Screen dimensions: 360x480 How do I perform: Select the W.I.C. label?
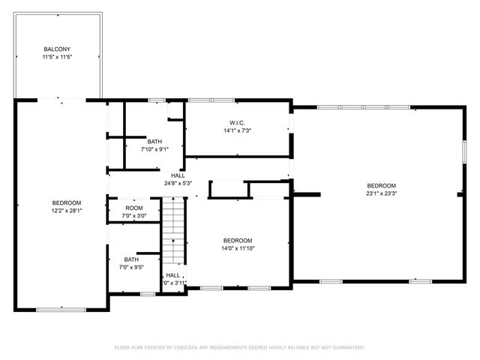[237, 123]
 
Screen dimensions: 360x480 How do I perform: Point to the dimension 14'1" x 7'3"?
[237, 130]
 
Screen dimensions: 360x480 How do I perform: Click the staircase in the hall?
[173, 229]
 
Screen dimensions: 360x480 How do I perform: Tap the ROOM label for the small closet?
[134, 208]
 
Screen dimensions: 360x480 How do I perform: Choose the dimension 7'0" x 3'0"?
[134, 215]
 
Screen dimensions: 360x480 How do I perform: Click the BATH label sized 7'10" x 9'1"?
[154, 141]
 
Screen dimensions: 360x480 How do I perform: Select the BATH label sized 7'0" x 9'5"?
[131, 259]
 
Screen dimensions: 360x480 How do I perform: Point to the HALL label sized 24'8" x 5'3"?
[178, 175]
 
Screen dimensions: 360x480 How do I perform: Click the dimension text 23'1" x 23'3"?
[381, 193]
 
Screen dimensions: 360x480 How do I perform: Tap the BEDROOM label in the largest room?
[381, 185]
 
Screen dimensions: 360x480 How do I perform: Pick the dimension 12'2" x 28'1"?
[66, 211]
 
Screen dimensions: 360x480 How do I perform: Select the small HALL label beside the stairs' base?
[172, 275]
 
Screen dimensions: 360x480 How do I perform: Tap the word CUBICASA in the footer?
[193, 348]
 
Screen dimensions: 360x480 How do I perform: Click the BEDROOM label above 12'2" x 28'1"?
[66, 203]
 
